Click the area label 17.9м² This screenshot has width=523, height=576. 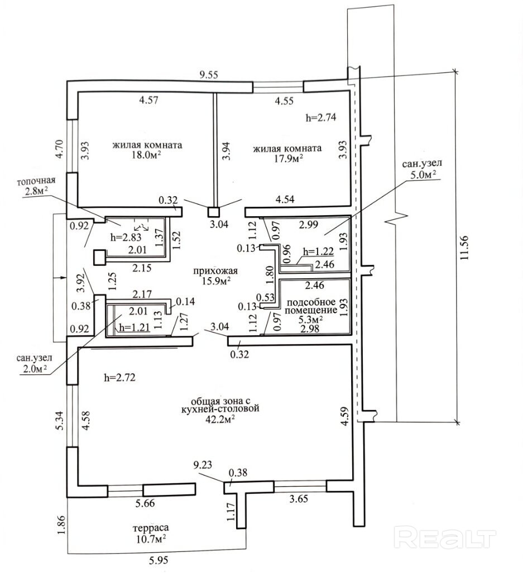(x=287, y=159)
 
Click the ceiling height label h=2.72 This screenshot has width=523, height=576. (x=120, y=378)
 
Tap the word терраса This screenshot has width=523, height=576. (x=150, y=527)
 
